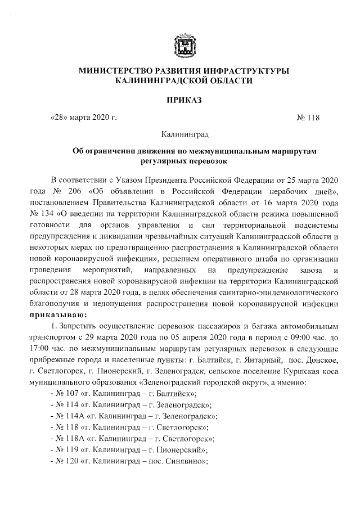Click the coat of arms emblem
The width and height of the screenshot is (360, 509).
(184, 46)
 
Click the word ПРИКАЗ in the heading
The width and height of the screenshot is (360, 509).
(183, 100)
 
